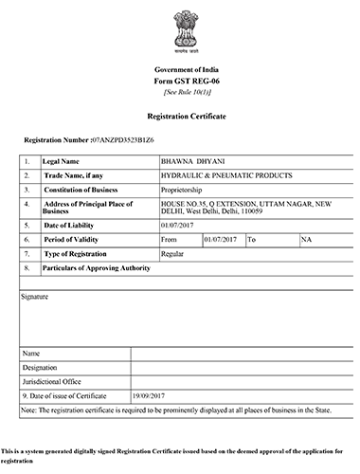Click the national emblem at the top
(180, 31)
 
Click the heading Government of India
(180, 71)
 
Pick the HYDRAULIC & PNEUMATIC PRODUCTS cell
(227, 176)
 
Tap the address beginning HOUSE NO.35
(251, 209)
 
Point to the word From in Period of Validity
(171, 241)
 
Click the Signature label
(35, 297)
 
